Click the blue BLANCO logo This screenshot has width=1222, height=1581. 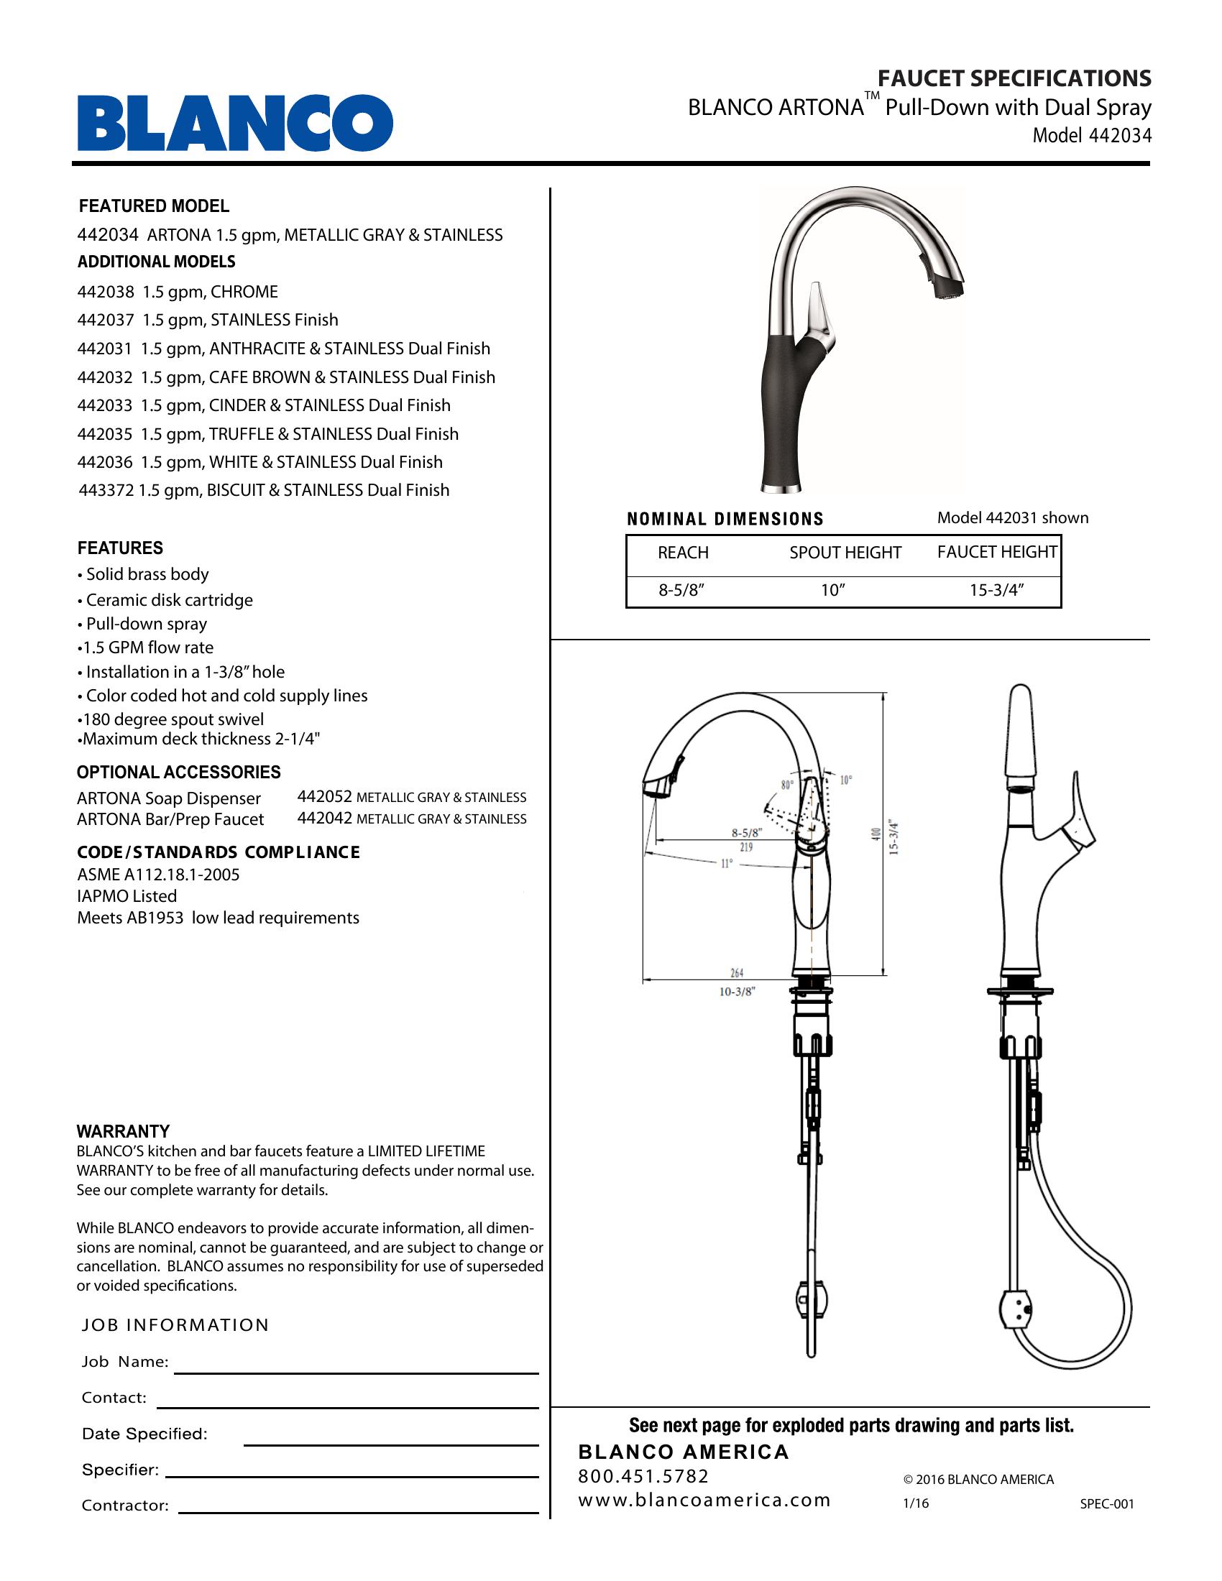coord(235,123)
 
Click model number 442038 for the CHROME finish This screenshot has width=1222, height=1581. coord(106,292)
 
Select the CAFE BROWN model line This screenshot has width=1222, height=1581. coord(286,377)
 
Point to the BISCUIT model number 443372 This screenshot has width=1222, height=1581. coord(106,490)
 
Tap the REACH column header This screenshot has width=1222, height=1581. coord(683,553)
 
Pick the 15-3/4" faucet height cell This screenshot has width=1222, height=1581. coord(997,590)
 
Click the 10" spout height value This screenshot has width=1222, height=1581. coord(832,590)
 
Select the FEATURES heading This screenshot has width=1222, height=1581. coord(120,548)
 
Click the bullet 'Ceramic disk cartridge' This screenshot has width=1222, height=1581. coord(169,600)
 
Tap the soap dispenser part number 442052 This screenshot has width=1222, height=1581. coord(324,797)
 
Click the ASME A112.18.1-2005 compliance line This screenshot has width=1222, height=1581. coord(158,875)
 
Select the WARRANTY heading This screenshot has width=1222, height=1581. coord(123,1131)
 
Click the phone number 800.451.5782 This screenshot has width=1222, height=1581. coord(643,1476)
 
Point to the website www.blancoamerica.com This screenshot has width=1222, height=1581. coord(704,1500)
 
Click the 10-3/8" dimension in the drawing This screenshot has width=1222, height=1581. coord(737,992)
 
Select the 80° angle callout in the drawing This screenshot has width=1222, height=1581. coord(787,784)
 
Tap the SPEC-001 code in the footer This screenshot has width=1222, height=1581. coord(1107,1503)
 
